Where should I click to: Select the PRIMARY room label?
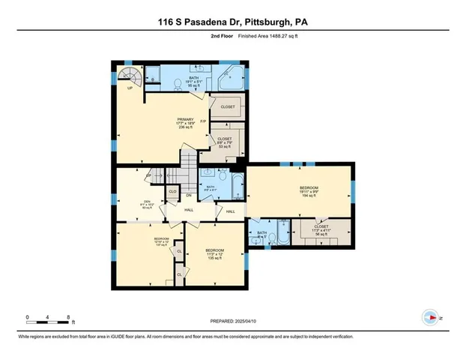186,120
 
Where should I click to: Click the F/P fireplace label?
203,120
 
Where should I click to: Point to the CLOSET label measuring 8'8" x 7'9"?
225,139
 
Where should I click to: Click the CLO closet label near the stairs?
172,192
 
